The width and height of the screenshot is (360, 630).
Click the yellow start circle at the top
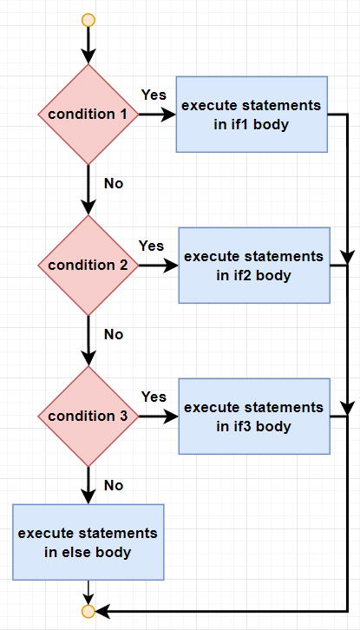tap(88, 20)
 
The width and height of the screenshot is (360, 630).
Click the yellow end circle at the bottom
tap(88, 611)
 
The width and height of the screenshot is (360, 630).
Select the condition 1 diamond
tap(88, 115)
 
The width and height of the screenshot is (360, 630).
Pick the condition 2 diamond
tap(88, 266)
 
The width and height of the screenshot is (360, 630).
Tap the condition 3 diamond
tap(88, 417)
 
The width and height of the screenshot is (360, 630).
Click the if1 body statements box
tap(252, 115)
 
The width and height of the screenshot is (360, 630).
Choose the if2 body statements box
tap(254, 266)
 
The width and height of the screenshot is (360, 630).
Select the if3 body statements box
tap(254, 417)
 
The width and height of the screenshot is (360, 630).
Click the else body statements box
tap(88, 542)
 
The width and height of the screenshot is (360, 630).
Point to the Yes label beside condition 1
tap(154, 95)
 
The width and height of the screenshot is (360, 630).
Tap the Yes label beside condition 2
tap(151, 246)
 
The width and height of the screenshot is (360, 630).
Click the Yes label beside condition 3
tap(154, 397)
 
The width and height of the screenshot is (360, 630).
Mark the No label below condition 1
tap(114, 184)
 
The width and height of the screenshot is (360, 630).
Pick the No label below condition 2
tap(114, 334)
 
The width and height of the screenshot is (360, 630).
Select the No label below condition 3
tap(114, 485)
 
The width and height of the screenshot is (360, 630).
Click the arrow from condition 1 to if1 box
tap(158, 115)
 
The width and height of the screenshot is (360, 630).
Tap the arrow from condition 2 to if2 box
tap(159, 266)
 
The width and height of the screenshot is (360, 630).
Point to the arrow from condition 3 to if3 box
tap(159, 417)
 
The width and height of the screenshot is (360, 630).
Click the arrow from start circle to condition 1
tap(88, 45)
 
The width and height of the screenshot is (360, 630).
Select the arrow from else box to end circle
tap(88, 593)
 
